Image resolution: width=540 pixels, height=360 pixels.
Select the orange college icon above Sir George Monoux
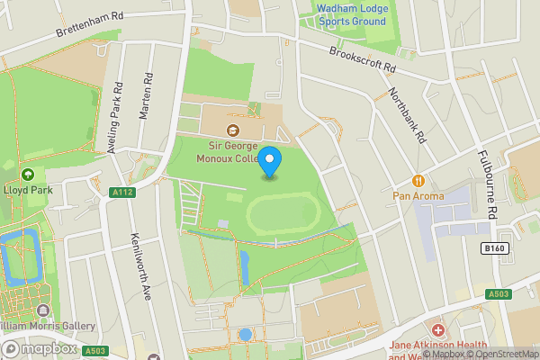point(220,131)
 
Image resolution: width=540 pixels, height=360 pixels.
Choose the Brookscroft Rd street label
point(362,60)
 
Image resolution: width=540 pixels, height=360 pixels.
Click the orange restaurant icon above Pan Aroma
point(418,178)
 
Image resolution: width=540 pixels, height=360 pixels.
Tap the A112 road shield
point(122,192)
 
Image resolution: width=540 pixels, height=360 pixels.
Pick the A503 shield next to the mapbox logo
point(94,350)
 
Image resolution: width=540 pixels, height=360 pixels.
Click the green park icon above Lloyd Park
point(27,175)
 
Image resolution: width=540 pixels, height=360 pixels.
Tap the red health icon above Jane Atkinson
point(438,331)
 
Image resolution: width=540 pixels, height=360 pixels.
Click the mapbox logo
point(38,348)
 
